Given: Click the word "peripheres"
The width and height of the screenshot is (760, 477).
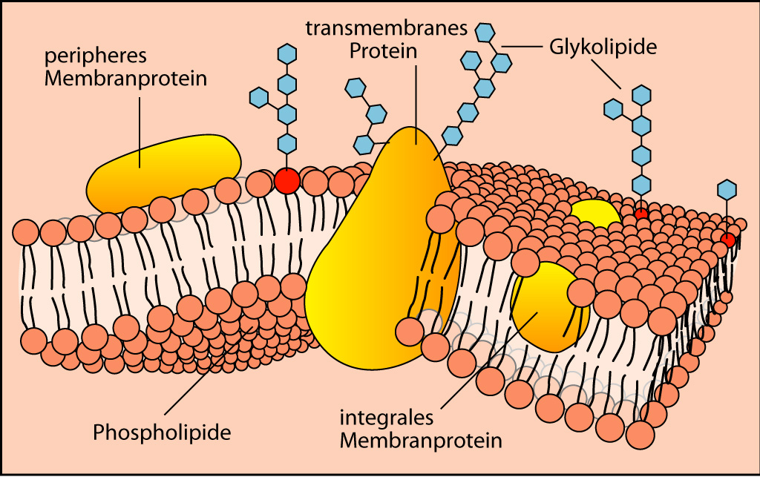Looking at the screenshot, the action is (x=96, y=56).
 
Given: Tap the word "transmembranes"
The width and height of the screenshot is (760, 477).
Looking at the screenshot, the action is (x=386, y=28).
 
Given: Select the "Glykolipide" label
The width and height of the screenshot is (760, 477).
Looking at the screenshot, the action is (x=603, y=47).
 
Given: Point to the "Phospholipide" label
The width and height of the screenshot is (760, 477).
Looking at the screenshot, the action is (x=162, y=432).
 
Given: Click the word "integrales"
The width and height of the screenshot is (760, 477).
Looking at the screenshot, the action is (x=386, y=418).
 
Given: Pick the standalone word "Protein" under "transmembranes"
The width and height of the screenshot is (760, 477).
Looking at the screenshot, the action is (x=384, y=51).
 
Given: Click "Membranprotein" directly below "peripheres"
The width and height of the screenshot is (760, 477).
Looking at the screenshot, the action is (x=125, y=79).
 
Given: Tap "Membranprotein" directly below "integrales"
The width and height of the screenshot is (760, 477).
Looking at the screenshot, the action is (x=421, y=441).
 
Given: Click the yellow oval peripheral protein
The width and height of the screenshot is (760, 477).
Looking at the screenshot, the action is (x=164, y=173).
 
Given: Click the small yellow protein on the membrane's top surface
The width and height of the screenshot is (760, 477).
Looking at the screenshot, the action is (x=594, y=214).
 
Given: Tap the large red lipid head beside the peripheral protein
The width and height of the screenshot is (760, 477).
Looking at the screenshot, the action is (x=287, y=181).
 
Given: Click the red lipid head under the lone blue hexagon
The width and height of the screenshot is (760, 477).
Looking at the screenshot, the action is (x=727, y=239).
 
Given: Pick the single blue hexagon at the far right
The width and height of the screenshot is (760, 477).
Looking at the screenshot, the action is (x=727, y=190).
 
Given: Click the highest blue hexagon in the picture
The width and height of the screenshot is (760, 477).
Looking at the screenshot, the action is (x=485, y=33).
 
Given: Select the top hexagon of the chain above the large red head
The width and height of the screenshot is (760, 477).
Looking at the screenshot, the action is (x=287, y=53).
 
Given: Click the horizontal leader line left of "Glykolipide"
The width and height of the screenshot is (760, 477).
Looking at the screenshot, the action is (x=522, y=47).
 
